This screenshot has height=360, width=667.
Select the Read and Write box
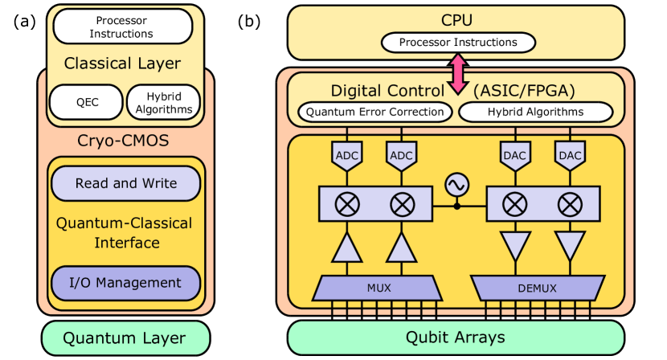125,183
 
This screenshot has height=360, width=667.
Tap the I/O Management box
125,283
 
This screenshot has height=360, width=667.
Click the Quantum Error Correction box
375,112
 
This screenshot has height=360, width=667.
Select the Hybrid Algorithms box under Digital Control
536,112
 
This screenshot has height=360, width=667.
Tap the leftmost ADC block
348,156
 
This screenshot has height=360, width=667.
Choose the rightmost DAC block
570,156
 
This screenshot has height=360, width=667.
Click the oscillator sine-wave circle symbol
457,185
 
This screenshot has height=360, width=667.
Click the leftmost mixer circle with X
348,205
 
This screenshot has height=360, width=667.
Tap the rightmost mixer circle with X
570,205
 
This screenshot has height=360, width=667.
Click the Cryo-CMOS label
125,141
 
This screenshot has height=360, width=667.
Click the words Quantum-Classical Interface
125,233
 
